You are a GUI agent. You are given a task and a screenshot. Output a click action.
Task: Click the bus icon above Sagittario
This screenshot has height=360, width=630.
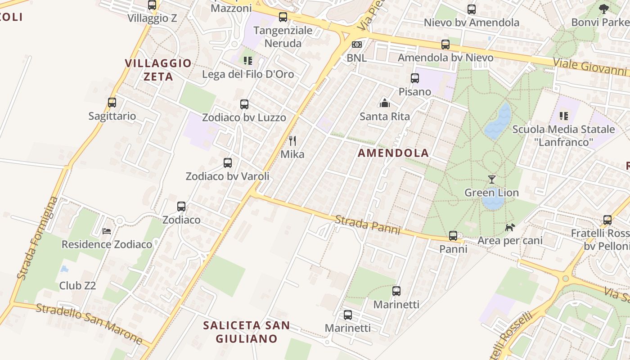[x=112, y=103]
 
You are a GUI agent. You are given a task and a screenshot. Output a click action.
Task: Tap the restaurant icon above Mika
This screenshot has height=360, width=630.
[x=292, y=141]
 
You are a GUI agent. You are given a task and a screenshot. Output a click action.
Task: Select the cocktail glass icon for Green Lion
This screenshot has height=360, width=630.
[x=491, y=179]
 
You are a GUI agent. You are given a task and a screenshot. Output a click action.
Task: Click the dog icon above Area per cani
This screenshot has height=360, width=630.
[x=510, y=227]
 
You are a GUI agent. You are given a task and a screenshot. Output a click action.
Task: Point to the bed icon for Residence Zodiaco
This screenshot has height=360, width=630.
[x=107, y=231]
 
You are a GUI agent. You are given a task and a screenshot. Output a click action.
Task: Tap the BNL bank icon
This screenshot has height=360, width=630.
[x=356, y=45]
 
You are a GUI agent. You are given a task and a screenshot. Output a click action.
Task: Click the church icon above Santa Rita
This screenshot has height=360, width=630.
[x=385, y=103]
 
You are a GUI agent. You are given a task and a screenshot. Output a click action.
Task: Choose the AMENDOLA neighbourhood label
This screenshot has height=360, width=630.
[x=393, y=153]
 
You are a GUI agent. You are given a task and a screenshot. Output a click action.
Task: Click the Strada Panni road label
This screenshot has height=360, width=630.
[x=367, y=225]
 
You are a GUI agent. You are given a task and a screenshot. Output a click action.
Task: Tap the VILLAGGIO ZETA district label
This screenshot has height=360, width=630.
[x=158, y=70]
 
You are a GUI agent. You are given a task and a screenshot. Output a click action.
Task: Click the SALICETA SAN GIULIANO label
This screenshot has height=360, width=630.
[x=246, y=332]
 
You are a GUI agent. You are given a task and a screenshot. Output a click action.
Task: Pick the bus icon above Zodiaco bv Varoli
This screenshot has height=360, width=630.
[x=228, y=163]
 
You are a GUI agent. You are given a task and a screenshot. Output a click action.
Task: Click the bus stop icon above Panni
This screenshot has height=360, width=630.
[x=453, y=236]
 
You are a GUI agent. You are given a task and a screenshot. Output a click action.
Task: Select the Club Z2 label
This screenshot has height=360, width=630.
[x=77, y=286]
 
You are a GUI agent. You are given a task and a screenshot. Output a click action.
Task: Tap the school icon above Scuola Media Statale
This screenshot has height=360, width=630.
[x=563, y=116]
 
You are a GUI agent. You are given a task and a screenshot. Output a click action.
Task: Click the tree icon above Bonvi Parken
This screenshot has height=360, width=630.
[x=603, y=9]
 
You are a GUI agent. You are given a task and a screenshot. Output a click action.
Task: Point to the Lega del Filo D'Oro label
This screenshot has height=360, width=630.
[x=248, y=74]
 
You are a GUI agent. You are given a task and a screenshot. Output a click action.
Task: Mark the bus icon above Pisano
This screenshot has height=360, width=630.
[x=415, y=78]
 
